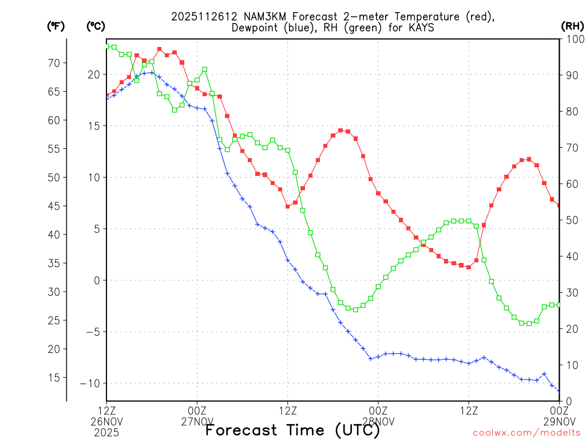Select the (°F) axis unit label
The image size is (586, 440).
click(x=56, y=26)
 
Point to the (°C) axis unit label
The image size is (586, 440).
click(x=96, y=26)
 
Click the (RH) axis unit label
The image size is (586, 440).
click(x=572, y=26)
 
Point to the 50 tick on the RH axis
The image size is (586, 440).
click(x=570, y=220)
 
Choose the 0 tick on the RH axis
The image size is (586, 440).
click(x=567, y=401)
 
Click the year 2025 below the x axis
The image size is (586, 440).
click(x=106, y=432)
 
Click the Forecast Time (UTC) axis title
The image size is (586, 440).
click(x=292, y=430)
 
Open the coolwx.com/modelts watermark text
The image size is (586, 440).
click(x=526, y=432)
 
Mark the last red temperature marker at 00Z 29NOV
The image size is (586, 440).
click(x=559, y=205)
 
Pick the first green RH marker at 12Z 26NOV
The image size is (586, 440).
click(x=106, y=46)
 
